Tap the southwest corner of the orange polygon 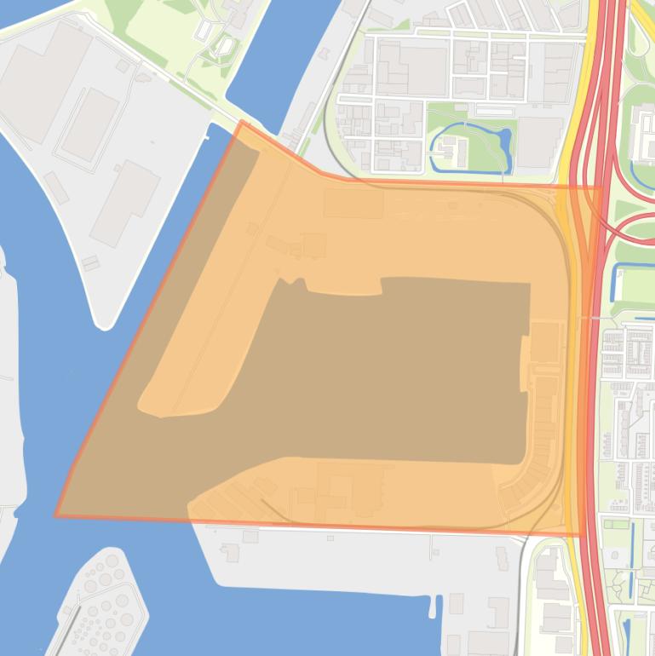pyautogui.click(x=56, y=515)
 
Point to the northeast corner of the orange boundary pyautogui.click(x=600, y=187)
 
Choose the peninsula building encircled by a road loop pyautogui.click(x=89, y=124)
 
